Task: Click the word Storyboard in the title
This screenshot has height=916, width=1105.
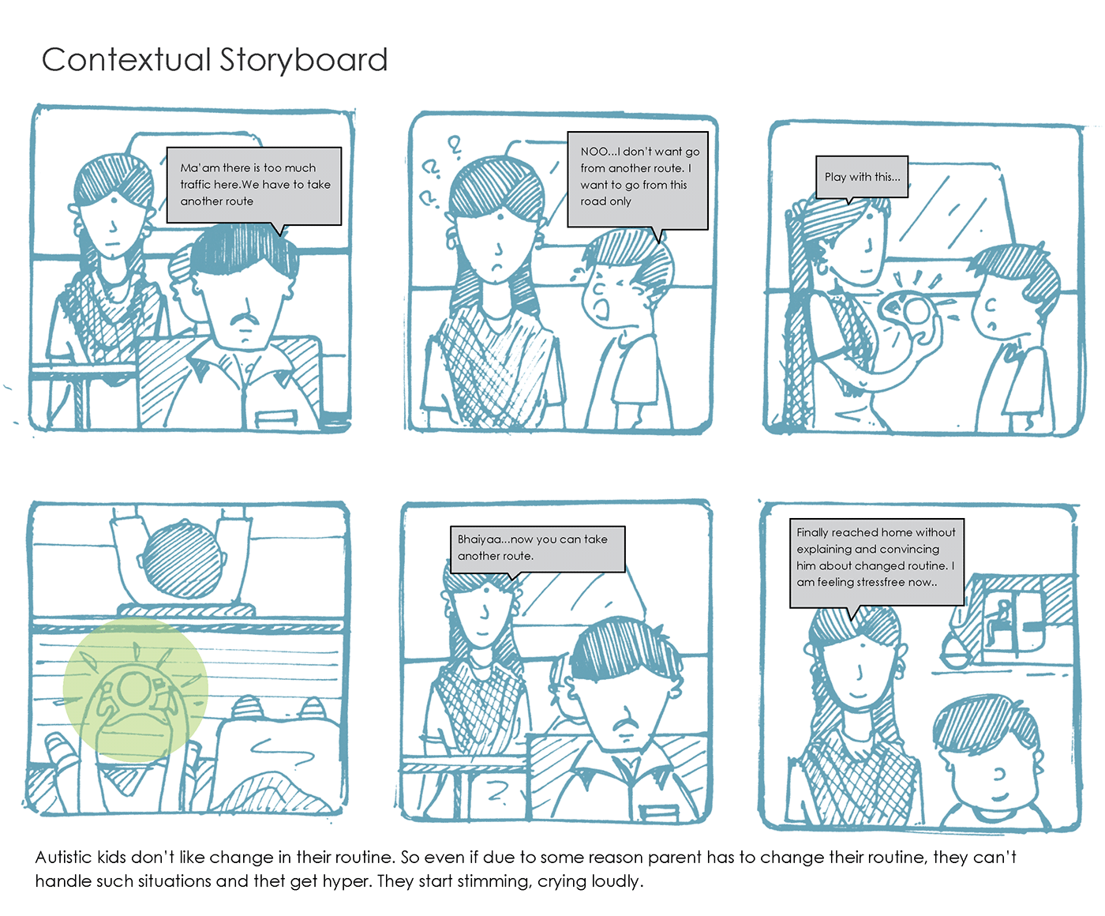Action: [x=303, y=60]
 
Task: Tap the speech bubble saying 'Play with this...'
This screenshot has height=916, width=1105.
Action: [x=862, y=178]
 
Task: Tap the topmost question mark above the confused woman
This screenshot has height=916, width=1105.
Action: [x=454, y=146]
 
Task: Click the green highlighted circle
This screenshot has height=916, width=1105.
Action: [x=136, y=689]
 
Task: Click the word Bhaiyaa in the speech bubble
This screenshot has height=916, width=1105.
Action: [x=479, y=539]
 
